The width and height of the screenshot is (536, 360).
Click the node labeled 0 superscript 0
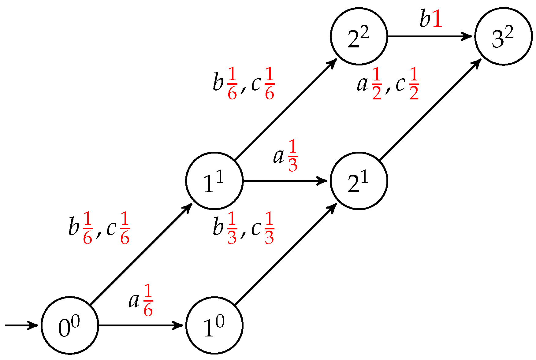70,325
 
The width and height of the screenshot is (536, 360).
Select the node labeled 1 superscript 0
214,325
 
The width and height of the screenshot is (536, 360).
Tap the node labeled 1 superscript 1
214,181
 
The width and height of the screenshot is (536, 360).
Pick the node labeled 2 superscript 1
359,181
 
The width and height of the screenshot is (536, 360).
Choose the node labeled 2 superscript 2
359,36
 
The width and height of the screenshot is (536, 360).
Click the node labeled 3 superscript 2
503,36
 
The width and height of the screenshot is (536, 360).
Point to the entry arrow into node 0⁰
21,325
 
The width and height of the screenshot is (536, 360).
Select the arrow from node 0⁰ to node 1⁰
141,325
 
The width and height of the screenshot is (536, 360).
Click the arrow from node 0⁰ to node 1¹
141,254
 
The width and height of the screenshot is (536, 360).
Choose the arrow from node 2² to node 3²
430,36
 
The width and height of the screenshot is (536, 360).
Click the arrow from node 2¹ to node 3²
430,109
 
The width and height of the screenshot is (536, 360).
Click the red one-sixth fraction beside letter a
148,300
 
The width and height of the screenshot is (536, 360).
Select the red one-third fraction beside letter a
293,156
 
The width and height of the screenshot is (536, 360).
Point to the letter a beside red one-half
362,84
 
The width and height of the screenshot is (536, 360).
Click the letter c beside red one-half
400,84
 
